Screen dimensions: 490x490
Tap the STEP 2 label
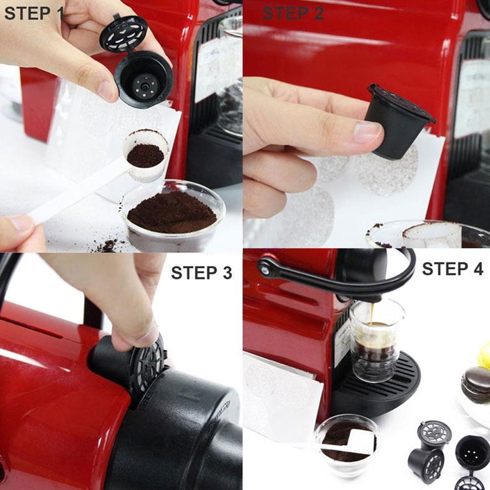[x=293, y=13]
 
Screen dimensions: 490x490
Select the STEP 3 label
[x=201, y=273]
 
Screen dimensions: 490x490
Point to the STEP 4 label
[x=452, y=269]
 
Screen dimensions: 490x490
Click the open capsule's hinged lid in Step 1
[x=123, y=33]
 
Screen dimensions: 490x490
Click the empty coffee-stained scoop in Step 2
[x=431, y=234]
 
